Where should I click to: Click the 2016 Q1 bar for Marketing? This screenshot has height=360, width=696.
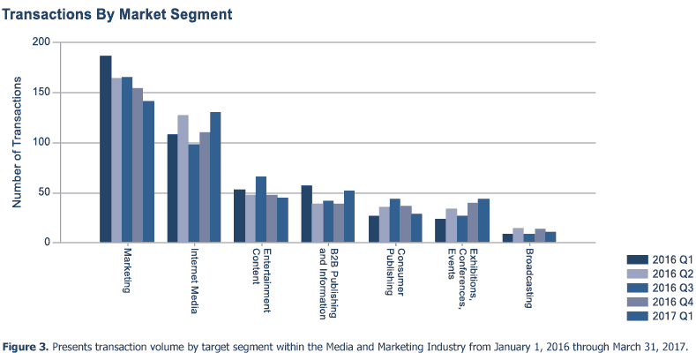[105, 149]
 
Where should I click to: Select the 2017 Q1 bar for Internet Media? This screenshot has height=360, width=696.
[215, 177]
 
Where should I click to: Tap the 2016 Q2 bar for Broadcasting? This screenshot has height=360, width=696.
[518, 236]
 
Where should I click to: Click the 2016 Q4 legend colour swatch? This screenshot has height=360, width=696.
[638, 302]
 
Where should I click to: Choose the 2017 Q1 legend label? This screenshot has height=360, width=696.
[673, 316]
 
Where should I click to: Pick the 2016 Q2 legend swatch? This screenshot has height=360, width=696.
[638, 274]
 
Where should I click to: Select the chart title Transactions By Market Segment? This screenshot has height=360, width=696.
[118, 15]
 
